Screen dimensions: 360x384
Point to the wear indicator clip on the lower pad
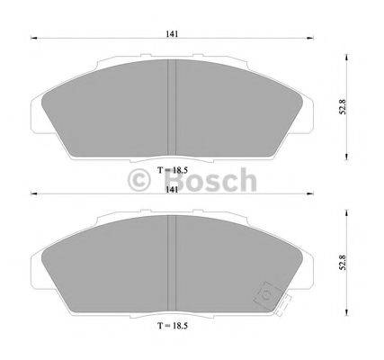click(268, 293)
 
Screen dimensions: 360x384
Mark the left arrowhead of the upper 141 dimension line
click(33, 39)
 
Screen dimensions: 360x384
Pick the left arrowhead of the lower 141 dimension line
click(33, 194)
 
